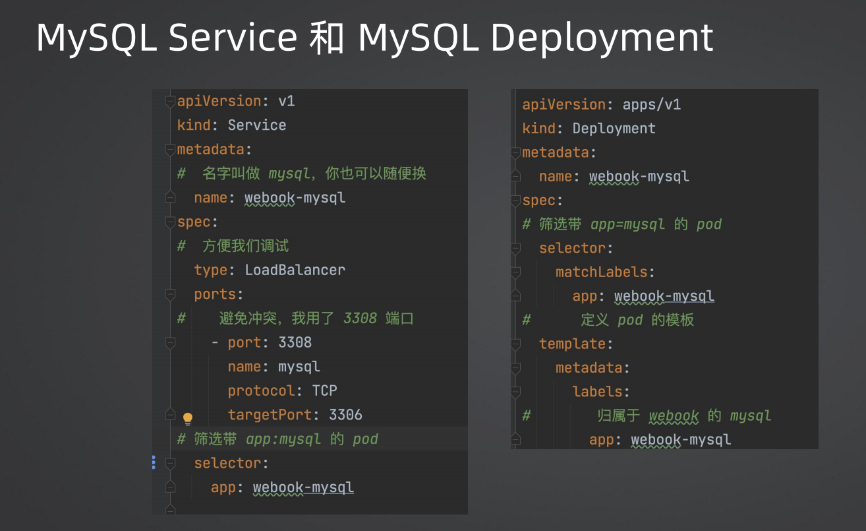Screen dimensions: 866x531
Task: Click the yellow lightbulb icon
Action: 188,418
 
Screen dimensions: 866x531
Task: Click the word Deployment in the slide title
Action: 602,38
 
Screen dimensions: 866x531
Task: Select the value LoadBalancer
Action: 295,270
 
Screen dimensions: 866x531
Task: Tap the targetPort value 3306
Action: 345,415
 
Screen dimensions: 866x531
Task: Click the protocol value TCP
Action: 325,391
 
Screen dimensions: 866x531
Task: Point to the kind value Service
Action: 257,125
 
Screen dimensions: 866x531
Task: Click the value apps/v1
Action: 652,104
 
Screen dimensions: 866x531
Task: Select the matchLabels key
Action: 602,272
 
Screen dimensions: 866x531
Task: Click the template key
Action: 572,344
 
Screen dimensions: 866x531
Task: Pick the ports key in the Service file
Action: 215,295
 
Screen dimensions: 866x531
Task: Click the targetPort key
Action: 270,415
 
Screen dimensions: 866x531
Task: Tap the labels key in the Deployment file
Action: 597,392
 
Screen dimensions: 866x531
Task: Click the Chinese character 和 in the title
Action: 327,38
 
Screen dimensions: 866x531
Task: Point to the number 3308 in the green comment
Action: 360,319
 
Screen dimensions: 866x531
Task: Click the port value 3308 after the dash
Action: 295,342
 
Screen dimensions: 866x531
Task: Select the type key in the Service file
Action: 211,270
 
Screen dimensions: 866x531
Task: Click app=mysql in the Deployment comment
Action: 627,224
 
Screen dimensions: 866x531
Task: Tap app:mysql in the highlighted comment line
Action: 283,439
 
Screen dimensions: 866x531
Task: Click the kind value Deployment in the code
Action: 614,129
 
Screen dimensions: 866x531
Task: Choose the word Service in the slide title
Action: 233,38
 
